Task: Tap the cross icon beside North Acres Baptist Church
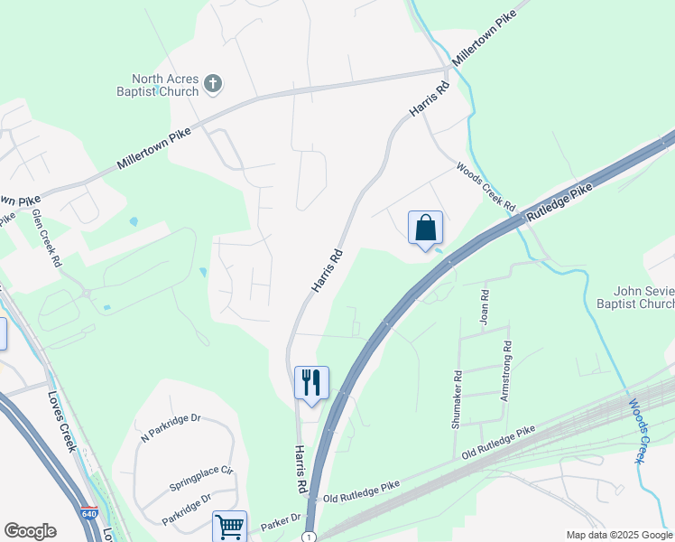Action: tap(213, 84)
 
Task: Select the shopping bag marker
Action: tap(425, 229)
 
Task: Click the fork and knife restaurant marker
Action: tap(311, 383)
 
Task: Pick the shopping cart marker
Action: tap(229, 526)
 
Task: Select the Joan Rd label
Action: tap(485, 307)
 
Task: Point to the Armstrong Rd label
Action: tap(506, 370)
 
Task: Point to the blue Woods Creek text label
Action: tap(637, 431)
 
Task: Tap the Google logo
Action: tap(30, 531)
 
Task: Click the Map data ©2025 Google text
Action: tap(618, 535)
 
